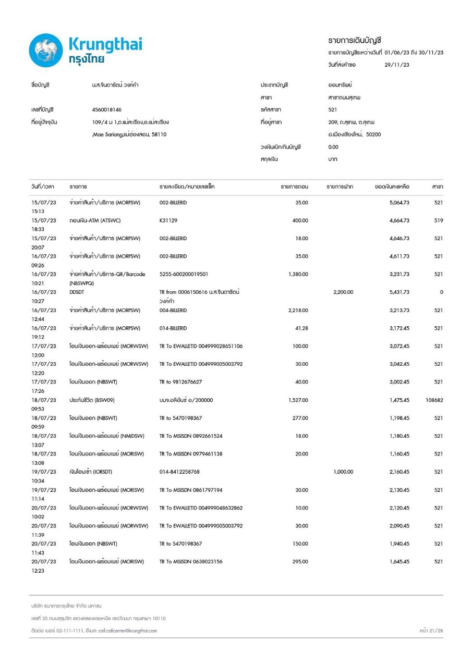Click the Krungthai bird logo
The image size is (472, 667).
pos(45,51)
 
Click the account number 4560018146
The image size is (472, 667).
pos(106,110)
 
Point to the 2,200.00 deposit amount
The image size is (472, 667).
pos(343,292)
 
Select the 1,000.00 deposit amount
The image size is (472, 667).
pos(343,472)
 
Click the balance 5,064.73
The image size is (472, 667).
pos(398,202)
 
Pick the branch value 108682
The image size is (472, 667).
pos(434,400)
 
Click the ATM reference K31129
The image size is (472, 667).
pos(168,220)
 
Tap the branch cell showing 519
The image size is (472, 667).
pos(438,220)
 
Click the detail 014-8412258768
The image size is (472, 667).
pos(179,472)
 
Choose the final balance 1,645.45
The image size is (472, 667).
pos(398,562)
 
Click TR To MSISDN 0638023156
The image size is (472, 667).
pos(191,562)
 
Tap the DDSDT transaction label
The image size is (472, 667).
pos(77,292)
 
